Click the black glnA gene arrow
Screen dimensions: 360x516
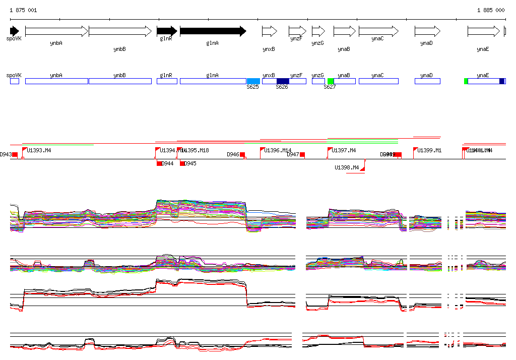[213, 31]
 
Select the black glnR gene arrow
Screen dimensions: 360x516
[167, 31]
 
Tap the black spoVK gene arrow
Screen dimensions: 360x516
[14, 31]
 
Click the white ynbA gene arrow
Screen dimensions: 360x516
[56, 31]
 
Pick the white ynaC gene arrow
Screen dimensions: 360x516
[378, 31]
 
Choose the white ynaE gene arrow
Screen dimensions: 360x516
[483, 31]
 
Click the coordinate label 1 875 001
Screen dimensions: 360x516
[23, 10]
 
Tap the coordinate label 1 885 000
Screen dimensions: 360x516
[490, 10]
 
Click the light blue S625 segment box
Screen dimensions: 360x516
[253, 81]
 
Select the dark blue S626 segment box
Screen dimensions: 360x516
[283, 81]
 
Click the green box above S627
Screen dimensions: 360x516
[331, 81]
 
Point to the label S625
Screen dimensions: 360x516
[252, 87]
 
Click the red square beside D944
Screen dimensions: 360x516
[159, 163]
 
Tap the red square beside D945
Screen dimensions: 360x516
[182, 163]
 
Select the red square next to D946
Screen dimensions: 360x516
[242, 154]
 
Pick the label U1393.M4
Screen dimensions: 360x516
[39, 150]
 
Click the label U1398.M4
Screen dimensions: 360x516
[347, 167]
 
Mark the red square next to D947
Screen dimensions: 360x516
[302, 154]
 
